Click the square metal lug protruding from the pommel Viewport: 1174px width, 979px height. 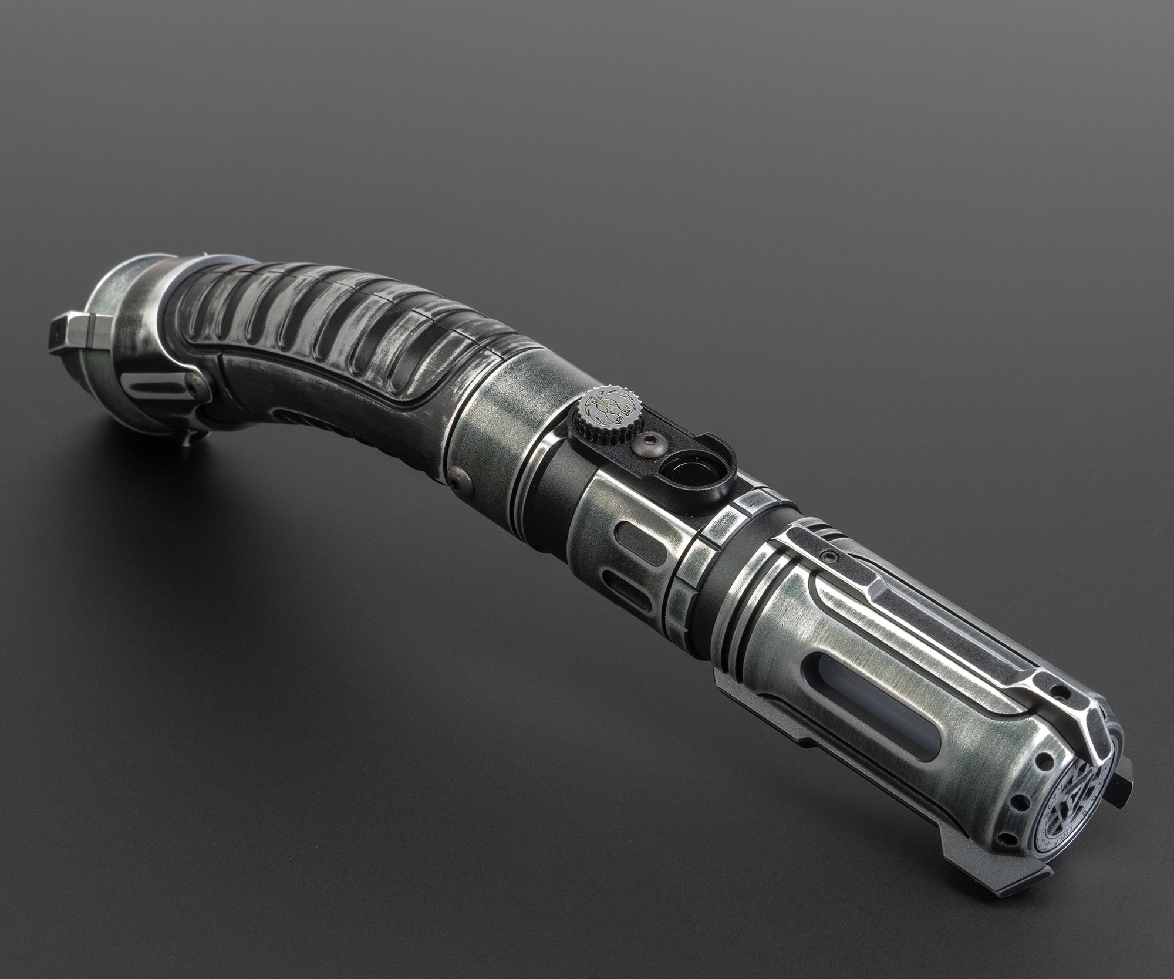click(x=73, y=332)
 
